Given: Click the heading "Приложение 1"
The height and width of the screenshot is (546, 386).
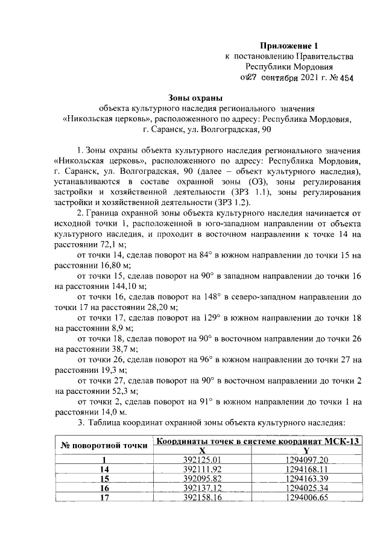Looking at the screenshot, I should click(x=288, y=45).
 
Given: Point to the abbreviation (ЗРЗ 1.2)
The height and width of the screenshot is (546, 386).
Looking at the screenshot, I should click(x=226, y=202).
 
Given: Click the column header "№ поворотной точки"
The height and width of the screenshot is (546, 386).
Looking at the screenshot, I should click(x=103, y=446).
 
